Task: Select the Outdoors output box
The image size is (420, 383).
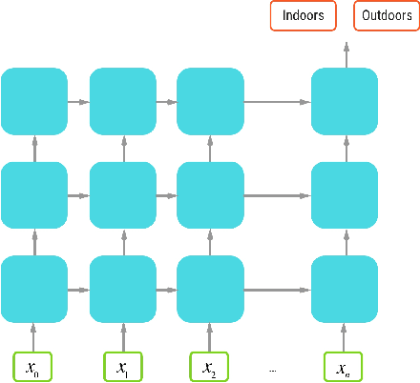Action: tap(386, 16)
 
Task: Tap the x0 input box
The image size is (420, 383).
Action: tap(34, 366)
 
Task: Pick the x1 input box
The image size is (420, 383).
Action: tap(123, 366)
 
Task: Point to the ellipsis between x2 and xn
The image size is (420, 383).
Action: tap(274, 369)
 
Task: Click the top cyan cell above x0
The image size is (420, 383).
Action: tap(34, 100)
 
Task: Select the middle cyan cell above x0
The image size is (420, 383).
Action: tap(34, 193)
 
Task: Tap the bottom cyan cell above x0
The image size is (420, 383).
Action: tap(34, 287)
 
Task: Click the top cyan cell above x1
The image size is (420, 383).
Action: tap(123, 100)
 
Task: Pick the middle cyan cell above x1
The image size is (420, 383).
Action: tap(123, 193)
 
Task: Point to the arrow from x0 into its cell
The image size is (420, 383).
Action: tap(34, 334)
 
